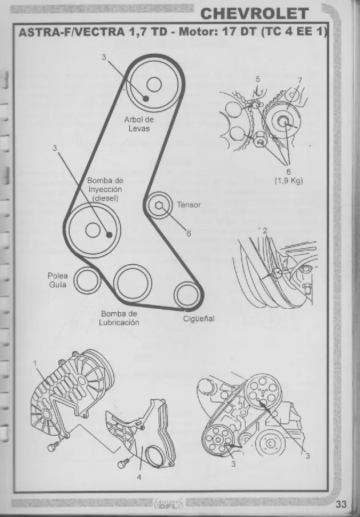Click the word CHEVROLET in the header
tap(254, 14)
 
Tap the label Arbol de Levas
tap(139, 124)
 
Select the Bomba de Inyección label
tap(105, 189)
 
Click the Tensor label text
tap(189, 205)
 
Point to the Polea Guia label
tap(58, 280)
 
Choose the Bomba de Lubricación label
tap(119, 318)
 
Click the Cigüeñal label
tap(199, 319)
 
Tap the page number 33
tap(341, 504)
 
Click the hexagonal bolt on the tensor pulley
tap(159, 206)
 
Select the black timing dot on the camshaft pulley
tap(146, 98)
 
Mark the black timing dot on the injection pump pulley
tap(109, 234)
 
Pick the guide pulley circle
tap(87, 280)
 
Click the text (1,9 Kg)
tap(289, 181)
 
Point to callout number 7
tap(300, 80)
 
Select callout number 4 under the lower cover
tap(139, 477)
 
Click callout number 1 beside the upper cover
tap(35, 363)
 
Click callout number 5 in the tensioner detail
tap(258, 79)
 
